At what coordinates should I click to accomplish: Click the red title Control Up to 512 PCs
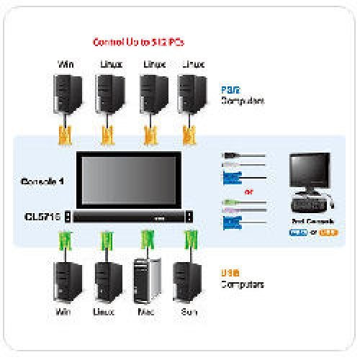[140, 42]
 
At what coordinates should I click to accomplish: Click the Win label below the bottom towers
[65, 313]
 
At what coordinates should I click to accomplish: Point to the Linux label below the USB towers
[106, 313]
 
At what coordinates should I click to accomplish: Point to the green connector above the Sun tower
[191, 241]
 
